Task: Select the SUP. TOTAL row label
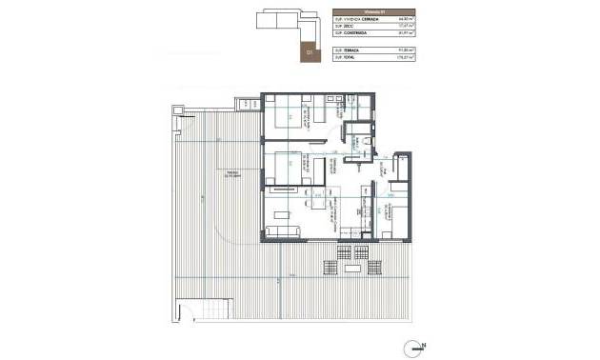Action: (347, 57)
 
